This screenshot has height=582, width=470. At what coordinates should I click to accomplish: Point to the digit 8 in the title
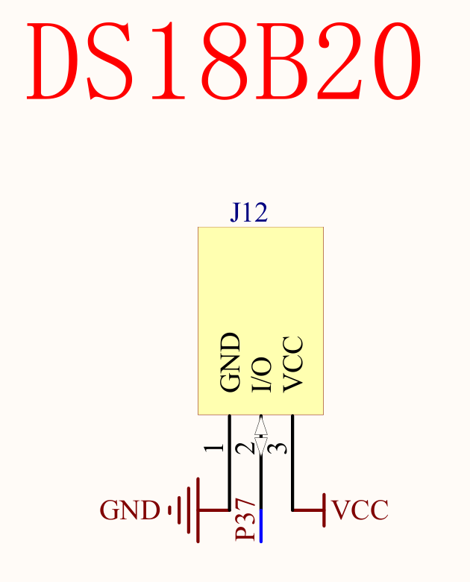pyautogui.click(x=231, y=61)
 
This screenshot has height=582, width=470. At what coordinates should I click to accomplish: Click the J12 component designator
pyautogui.click(x=248, y=213)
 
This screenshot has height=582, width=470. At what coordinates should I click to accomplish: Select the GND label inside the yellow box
pyautogui.click(x=231, y=363)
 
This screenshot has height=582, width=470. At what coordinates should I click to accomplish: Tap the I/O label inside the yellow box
pyautogui.click(x=260, y=374)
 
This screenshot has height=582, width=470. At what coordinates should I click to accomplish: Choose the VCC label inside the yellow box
pyautogui.click(x=292, y=364)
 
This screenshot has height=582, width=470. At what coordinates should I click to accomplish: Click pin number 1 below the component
pyautogui.click(x=215, y=448)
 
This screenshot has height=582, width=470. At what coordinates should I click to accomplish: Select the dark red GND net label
pyautogui.click(x=130, y=511)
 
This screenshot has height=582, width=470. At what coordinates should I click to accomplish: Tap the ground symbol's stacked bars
pyautogui.click(x=187, y=510)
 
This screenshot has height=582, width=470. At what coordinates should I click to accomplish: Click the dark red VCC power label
pyautogui.click(x=360, y=511)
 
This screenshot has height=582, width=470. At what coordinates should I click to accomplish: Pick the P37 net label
pyautogui.click(x=246, y=521)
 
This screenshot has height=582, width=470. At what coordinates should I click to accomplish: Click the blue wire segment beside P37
pyautogui.click(x=260, y=527)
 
